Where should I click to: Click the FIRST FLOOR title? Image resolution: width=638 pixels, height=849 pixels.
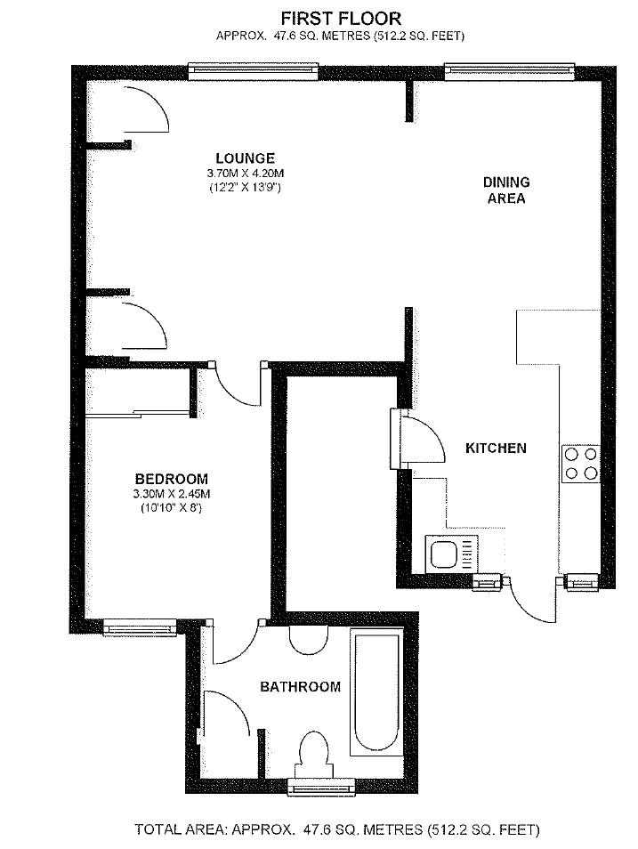(341, 19)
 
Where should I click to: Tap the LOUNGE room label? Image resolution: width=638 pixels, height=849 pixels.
(246, 158)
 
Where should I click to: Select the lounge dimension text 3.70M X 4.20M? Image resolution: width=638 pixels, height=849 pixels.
(246, 174)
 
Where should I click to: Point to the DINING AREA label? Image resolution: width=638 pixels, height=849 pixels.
(505, 190)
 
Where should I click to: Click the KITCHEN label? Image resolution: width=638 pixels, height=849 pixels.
(497, 449)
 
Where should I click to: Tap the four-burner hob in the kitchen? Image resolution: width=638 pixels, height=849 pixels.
(581, 464)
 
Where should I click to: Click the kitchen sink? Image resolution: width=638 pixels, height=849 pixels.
(452, 554)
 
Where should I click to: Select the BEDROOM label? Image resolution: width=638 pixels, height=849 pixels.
(171, 479)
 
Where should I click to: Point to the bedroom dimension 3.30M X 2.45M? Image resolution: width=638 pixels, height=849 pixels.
(171, 494)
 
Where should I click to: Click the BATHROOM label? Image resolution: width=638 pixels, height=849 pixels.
(300, 687)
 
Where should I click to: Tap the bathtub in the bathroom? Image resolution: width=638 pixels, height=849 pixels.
(377, 692)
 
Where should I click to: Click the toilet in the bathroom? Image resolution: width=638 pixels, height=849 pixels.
(313, 755)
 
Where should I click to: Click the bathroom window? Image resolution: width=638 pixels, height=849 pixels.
(320, 786)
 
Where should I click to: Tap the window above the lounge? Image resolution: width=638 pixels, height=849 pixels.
(254, 72)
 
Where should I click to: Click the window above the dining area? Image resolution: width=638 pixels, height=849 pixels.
(509, 72)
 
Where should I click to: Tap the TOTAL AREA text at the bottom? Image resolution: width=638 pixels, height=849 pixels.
(337, 829)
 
